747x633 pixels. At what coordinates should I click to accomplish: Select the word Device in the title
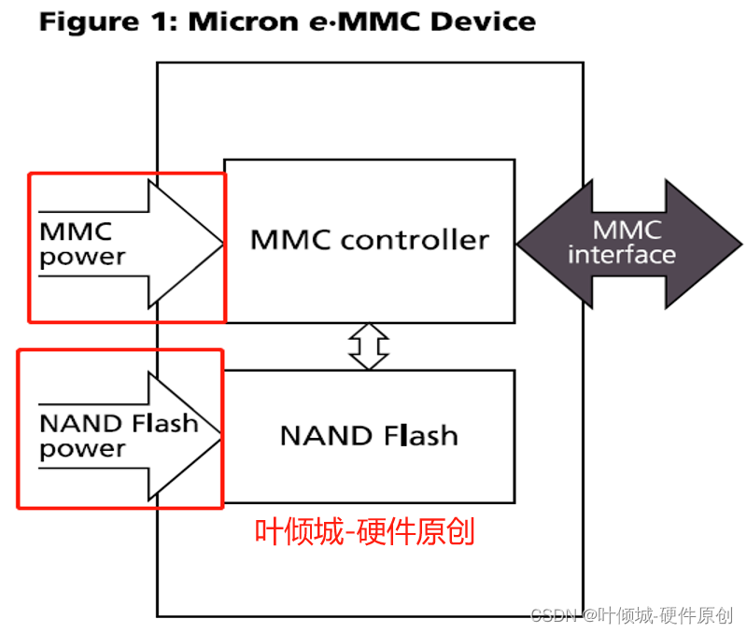pyautogui.click(x=485, y=21)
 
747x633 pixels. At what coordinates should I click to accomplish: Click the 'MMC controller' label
pyautogui.click(x=369, y=240)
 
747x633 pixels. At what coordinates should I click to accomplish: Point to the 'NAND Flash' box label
pyautogui.click(x=369, y=435)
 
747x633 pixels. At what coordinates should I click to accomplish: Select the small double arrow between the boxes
pyautogui.click(x=368, y=345)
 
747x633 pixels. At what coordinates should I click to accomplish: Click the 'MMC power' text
pyautogui.click(x=81, y=244)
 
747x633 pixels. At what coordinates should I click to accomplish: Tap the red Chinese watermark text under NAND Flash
pyautogui.click(x=365, y=531)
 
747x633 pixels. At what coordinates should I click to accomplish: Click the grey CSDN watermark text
pyautogui.click(x=631, y=614)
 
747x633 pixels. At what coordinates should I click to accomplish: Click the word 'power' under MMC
pyautogui.click(x=82, y=257)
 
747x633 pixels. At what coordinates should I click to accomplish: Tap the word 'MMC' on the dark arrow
pyautogui.click(x=627, y=230)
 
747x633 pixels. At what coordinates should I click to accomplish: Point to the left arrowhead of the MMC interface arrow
pyautogui.click(x=542, y=243)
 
